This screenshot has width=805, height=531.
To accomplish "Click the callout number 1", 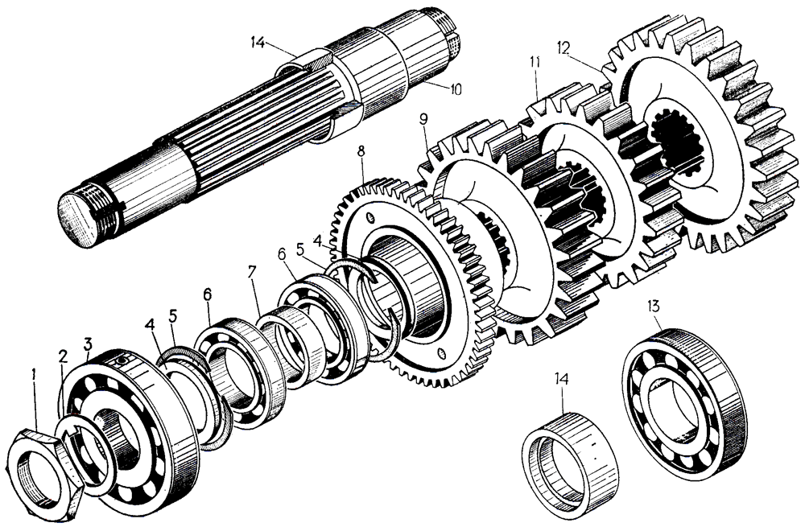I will pyautogui.click(x=33, y=373).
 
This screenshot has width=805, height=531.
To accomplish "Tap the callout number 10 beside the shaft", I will pyautogui.click(x=456, y=89).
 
